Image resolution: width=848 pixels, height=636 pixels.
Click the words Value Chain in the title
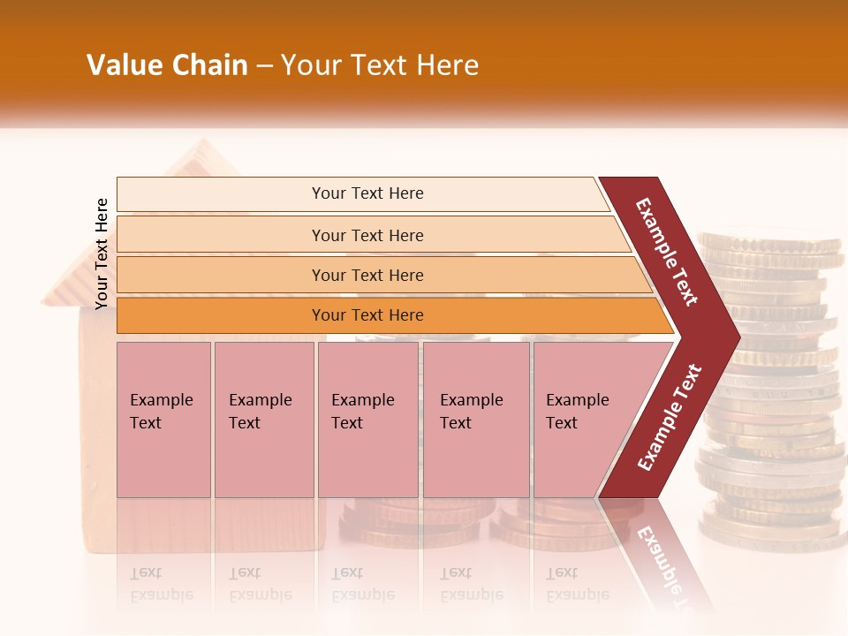click(x=167, y=65)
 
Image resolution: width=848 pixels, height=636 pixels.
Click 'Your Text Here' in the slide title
click(x=380, y=65)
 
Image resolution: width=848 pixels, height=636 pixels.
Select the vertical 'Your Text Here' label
click(x=102, y=254)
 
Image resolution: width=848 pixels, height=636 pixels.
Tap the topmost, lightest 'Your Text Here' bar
click(x=367, y=193)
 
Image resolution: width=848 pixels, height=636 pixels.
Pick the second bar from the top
click(x=367, y=235)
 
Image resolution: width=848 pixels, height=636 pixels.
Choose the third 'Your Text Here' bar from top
click(x=367, y=275)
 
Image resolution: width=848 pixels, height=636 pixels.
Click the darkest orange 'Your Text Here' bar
click(x=367, y=315)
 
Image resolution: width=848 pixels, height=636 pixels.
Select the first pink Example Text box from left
click(x=163, y=420)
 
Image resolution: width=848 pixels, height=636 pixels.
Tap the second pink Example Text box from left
click(x=263, y=420)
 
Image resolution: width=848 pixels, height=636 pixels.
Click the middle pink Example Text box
click(x=367, y=420)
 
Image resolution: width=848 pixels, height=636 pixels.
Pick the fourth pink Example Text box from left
click(x=475, y=420)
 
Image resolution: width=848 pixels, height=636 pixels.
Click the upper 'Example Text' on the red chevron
click(x=667, y=252)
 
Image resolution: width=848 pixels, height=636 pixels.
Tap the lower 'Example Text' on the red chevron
click(x=670, y=418)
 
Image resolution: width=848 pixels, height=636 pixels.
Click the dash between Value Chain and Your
click(x=264, y=66)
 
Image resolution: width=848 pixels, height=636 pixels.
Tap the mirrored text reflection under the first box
click(x=161, y=584)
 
